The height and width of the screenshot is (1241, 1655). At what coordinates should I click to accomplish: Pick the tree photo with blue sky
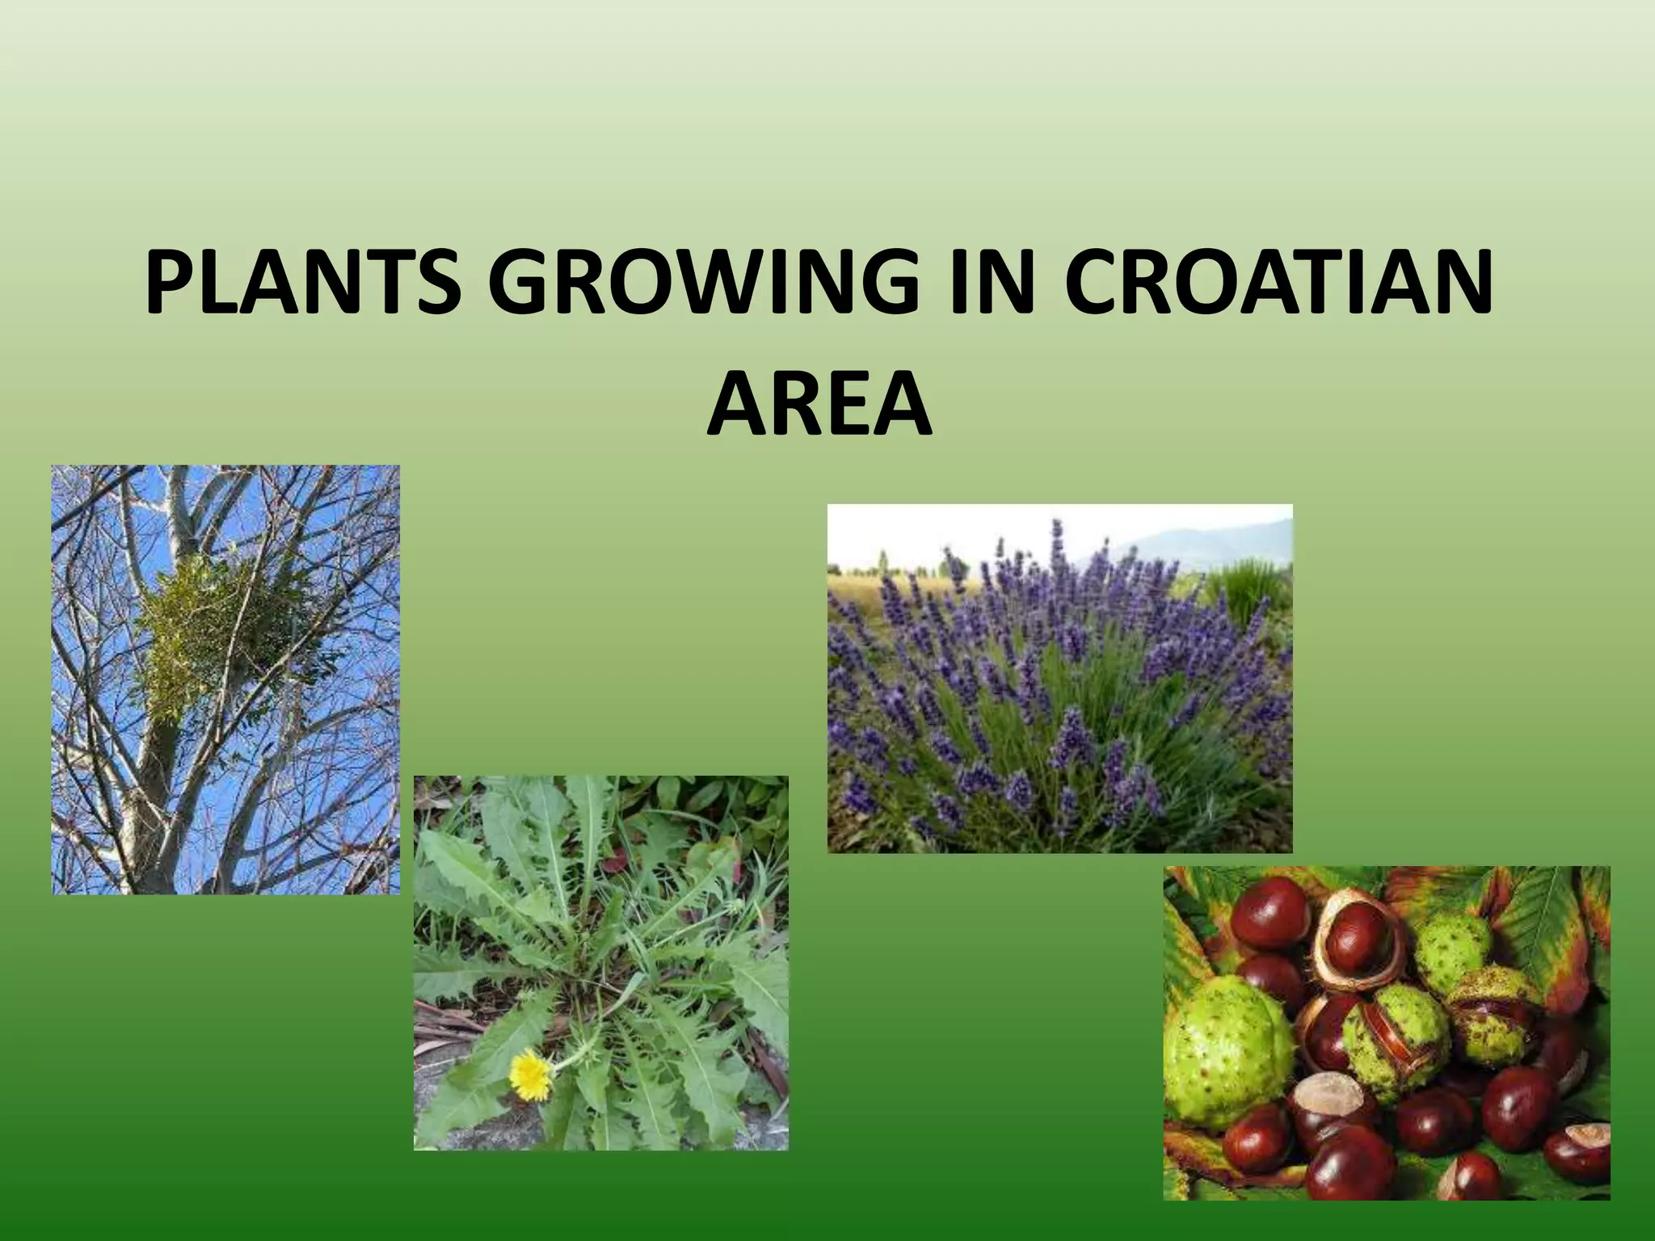225,679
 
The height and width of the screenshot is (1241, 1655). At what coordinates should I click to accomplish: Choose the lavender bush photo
1059,678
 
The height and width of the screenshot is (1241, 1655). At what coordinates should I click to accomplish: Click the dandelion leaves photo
600,962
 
